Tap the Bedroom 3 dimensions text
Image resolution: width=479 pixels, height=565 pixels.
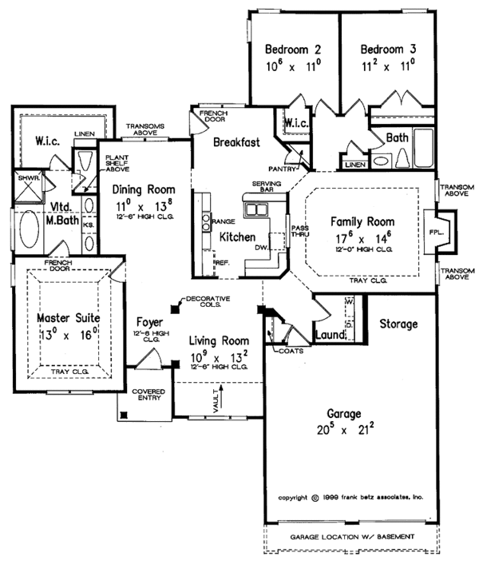pyautogui.click(x=386, y=68)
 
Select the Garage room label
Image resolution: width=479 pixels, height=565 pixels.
pyautogui.click(x=344, y=415)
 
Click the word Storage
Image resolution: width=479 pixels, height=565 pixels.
pyautogui.click(x=398, y=324)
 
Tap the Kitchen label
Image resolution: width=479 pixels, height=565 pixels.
pyautogui.click(x=237, y=237)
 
